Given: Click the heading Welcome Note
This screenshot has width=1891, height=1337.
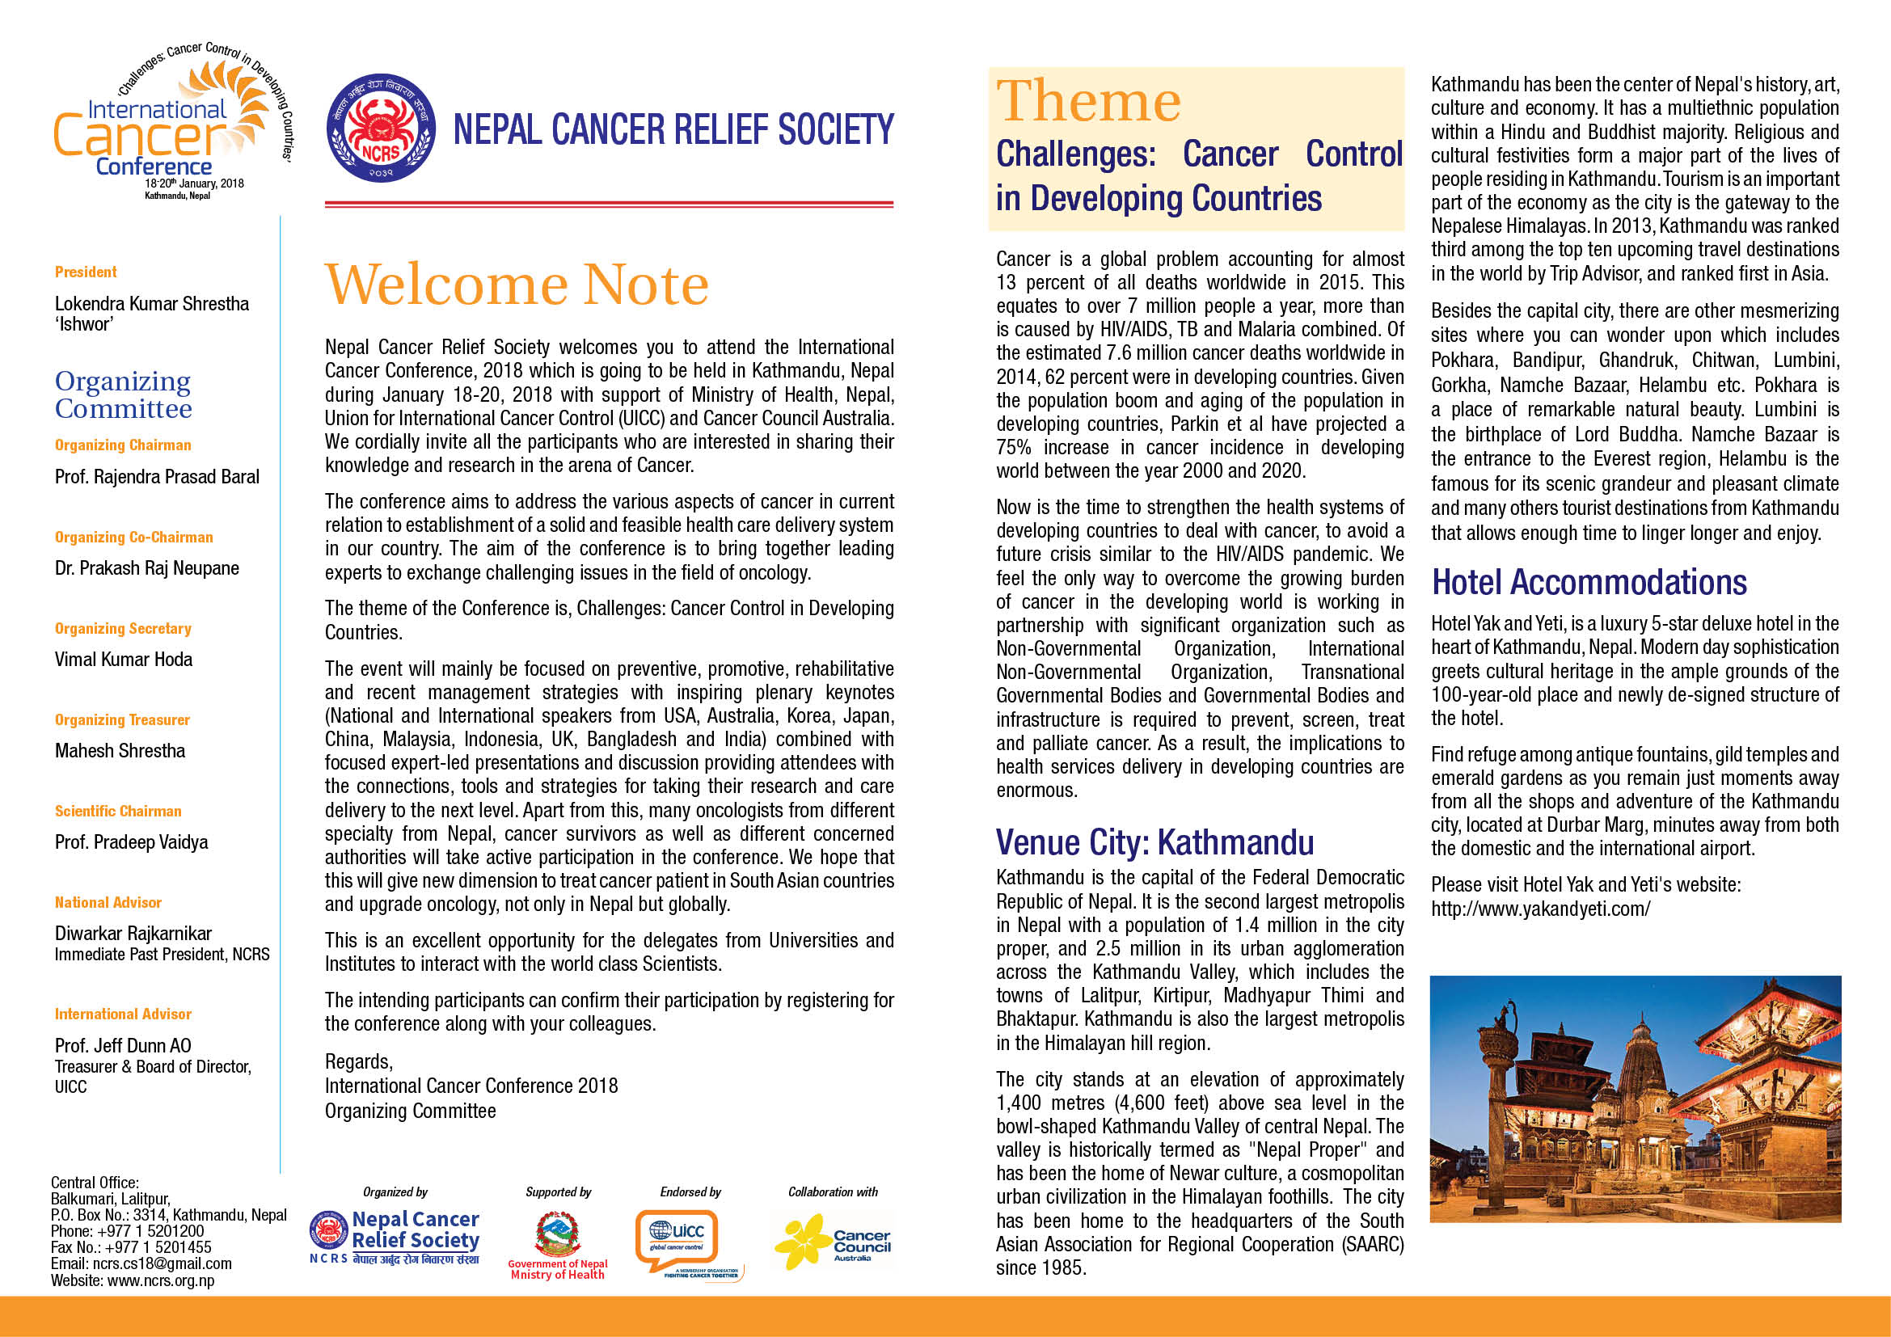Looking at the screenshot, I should click(517, 285).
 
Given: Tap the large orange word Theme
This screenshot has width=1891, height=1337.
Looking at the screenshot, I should click(1088, 101).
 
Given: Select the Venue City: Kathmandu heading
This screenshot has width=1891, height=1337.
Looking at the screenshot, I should click(1154, 842).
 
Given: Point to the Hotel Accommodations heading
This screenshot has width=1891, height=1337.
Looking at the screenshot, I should click(1589, 582).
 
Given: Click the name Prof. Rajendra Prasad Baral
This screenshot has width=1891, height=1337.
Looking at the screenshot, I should click(157, 478).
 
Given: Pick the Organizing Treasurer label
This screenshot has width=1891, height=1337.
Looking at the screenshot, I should click(122, 720).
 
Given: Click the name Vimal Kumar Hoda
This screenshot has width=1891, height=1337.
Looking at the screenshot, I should click(124, 660).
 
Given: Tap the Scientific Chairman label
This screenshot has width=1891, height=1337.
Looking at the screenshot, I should click(118, 812).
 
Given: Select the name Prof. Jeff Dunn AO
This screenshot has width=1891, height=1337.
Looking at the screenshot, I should click(123, 1046).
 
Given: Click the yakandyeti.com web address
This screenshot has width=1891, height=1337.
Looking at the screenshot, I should click(1540, 909).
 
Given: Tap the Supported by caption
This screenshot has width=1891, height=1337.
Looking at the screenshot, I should click(559, 1192).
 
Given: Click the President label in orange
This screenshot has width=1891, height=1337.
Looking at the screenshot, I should click(86, 272).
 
